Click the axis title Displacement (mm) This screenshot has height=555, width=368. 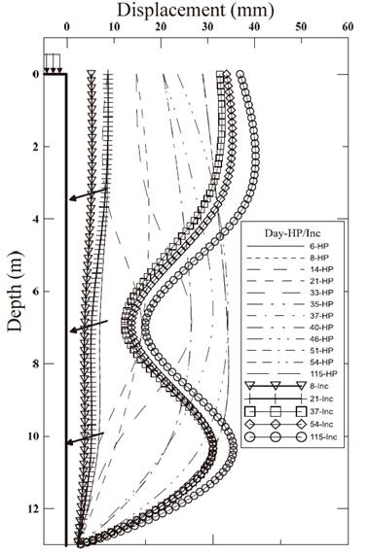196,11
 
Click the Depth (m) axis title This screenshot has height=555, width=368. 15,292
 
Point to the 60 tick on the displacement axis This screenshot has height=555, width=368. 348,27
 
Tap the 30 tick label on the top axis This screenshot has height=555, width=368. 207,27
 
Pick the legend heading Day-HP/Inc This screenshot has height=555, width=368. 292,233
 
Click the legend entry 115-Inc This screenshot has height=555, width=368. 290,437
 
